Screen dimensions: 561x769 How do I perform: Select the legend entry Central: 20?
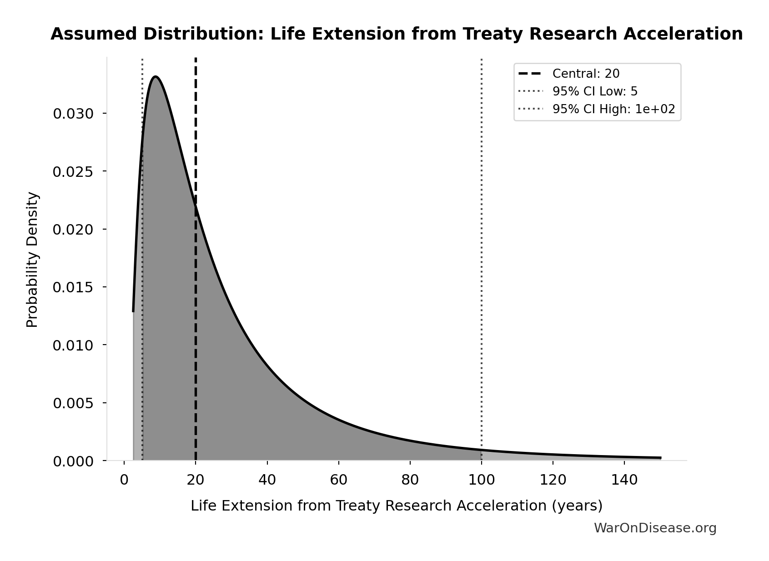tap(586, 74)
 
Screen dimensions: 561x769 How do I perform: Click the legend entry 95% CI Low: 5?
tap(594, 91)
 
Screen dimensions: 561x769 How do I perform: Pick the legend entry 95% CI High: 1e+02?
tap(613, 109)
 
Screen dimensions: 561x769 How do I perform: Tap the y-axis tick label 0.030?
tap(73, 114)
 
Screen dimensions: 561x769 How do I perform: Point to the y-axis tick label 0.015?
tap(73, 287)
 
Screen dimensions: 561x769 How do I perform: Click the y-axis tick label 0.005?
tap(73, 403)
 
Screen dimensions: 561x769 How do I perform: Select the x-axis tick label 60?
tap(338, 480)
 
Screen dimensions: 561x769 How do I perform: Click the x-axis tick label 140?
tap(624, 480)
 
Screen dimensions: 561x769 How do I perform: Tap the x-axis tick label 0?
tap(124, 480)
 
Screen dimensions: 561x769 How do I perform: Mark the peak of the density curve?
tap(156, 77)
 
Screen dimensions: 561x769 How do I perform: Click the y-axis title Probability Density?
tap(33, 260)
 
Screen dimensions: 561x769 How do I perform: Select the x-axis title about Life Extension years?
tap(396, 506)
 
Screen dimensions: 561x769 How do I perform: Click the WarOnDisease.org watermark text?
tap(655, 528)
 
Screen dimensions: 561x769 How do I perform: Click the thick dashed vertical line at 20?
tap(196, 318)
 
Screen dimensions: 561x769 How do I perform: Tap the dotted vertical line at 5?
tap(142, 273)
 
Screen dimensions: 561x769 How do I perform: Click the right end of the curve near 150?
tap(659, 458)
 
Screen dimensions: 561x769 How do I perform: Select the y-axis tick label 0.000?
tap(73, 461)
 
